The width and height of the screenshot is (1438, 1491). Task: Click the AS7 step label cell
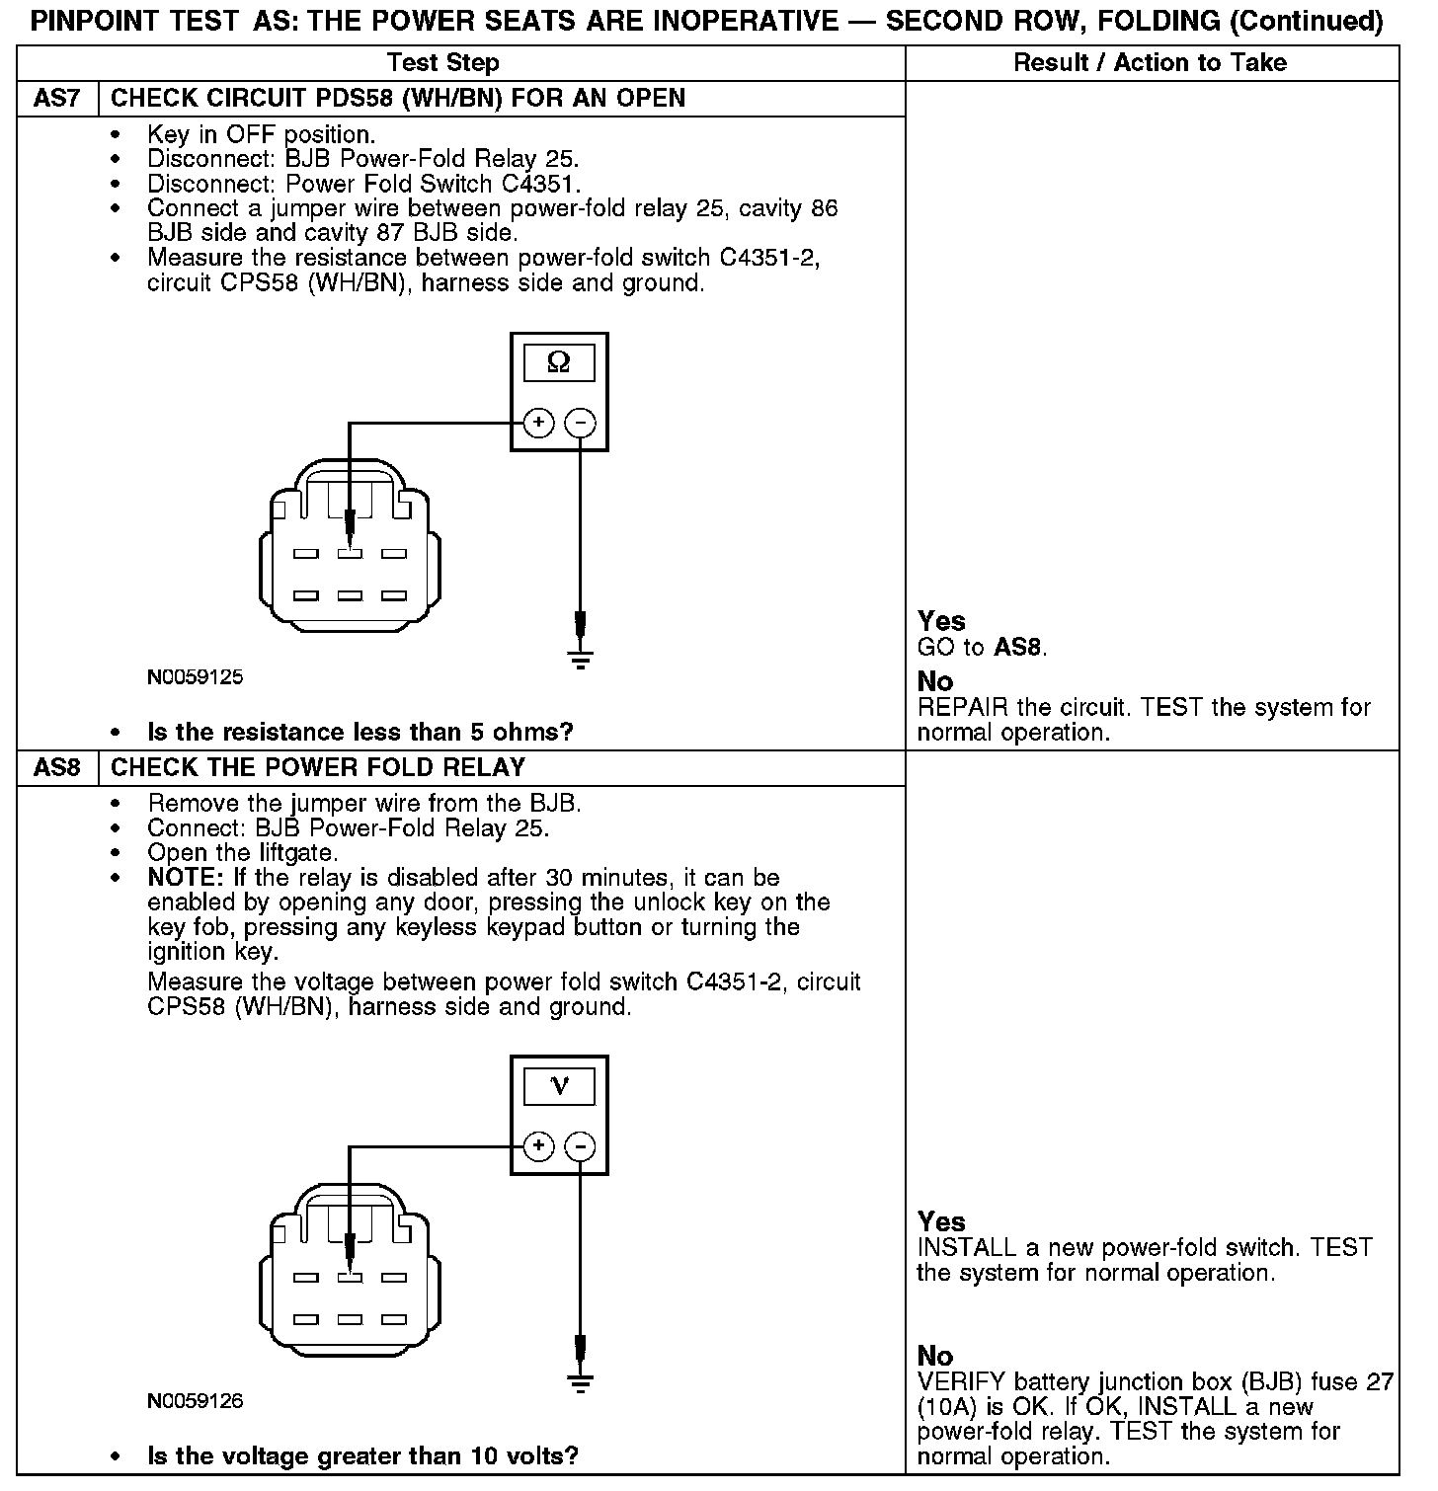[57, 99]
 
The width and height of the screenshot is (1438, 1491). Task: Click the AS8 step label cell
[57, 768]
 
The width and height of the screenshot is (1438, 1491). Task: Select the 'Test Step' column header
[443, 63]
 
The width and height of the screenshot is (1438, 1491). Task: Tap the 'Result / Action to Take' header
[1151, 63]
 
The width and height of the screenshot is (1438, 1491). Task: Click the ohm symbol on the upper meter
[559, 363]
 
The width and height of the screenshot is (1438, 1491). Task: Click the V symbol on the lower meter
[559, 1086]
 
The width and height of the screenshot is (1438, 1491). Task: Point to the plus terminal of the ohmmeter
[538, 424]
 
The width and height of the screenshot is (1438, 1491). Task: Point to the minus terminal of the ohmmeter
[580, 424]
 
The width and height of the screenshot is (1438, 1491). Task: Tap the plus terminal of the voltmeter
[538, 1146]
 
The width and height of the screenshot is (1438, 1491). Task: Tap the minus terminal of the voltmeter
[580, 1146]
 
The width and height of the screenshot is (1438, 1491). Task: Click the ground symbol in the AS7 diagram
[581, 658]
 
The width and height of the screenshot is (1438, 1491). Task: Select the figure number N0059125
[195, 678]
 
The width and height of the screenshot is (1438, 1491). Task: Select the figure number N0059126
[195, 1401]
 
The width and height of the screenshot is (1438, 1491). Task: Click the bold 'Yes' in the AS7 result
[941, 621]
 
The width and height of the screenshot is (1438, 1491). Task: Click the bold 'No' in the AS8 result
[935, 1355]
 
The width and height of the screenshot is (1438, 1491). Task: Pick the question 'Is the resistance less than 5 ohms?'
[359, 733]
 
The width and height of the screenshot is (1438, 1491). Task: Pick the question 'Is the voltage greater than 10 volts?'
[362, 1455]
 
